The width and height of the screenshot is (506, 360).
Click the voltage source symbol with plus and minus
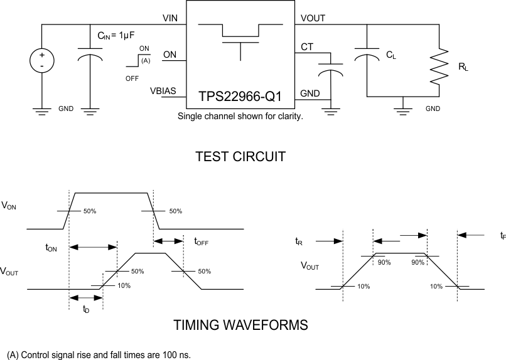(41, 60)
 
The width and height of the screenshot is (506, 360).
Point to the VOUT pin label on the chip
(313, 18)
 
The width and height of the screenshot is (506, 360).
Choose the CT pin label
(308, 47)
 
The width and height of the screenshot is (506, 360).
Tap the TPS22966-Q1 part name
(240, 97)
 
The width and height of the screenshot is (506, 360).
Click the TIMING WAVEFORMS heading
(240, 325)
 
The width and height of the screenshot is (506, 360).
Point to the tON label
(51, 248)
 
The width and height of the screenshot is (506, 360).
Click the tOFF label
(201, 241)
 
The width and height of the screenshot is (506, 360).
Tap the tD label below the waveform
(85, 309)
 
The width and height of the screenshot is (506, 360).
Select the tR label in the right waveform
(299, 240)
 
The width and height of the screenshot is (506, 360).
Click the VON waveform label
(10, 205)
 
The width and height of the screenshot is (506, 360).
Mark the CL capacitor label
(391, 56)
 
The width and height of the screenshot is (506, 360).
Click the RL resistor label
(463, 66)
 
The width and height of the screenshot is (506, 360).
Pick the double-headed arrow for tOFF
(168, 241)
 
